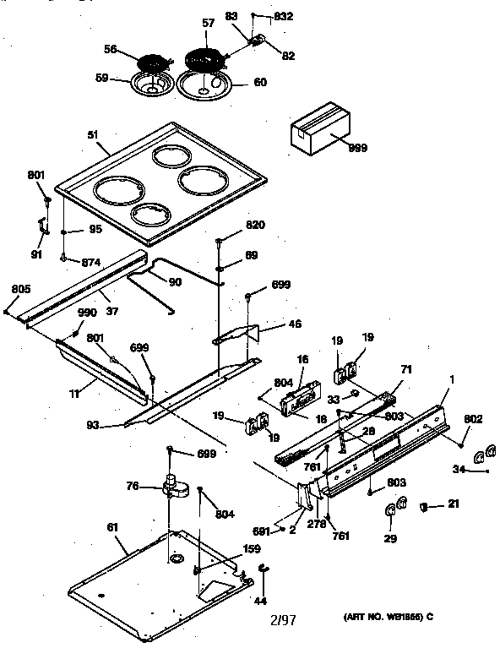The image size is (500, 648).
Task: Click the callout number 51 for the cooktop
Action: (91, 133)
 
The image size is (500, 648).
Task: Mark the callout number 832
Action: (284, 17)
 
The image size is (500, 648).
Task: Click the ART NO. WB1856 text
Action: (389, 617)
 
